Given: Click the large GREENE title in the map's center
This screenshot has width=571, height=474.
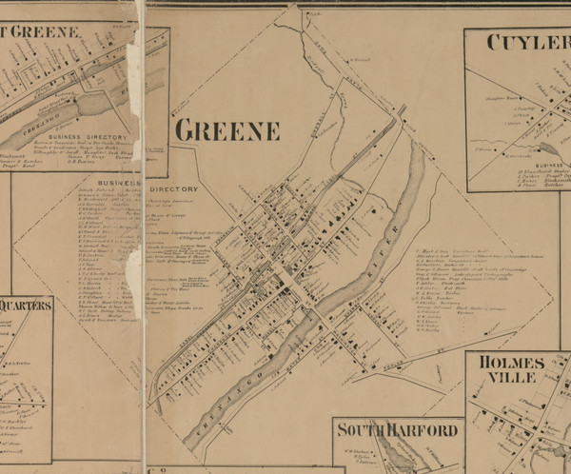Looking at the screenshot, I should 226,130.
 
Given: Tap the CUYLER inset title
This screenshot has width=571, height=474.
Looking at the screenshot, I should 528,42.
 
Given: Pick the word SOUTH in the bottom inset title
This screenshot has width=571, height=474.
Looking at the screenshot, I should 361,430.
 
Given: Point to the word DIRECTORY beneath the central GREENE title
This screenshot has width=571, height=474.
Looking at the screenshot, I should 172,189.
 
